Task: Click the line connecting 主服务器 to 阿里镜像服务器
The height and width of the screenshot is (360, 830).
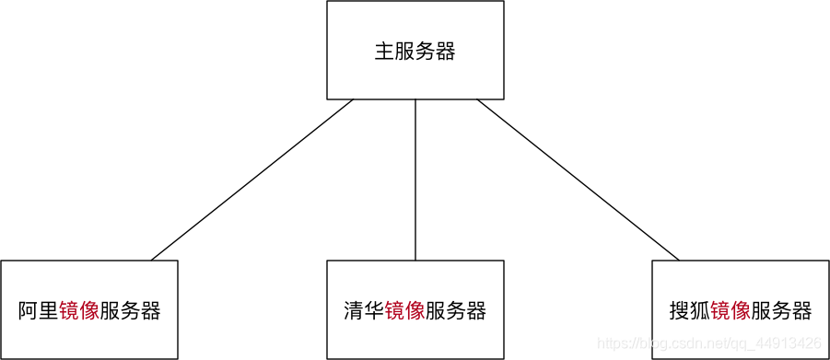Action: click(x=251, y=180)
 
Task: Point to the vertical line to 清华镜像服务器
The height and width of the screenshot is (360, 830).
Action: click(x=415, y=180)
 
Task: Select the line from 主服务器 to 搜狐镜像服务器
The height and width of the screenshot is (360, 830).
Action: click(x=579, y=180)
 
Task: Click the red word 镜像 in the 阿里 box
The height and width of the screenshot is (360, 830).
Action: click(x=79, y=311)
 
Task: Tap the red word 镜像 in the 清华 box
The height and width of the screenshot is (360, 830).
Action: click(x=404, y=311)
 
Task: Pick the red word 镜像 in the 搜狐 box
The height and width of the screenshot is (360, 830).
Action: click(x=731, y=311)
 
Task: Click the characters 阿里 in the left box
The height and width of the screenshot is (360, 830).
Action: click(x=38, y=311)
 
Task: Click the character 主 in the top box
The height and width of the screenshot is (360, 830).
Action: click(x=384, y=52)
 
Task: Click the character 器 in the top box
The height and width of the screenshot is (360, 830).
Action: click(x=446, y=52)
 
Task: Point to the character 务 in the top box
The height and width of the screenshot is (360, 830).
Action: click(x=426, y=52)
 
